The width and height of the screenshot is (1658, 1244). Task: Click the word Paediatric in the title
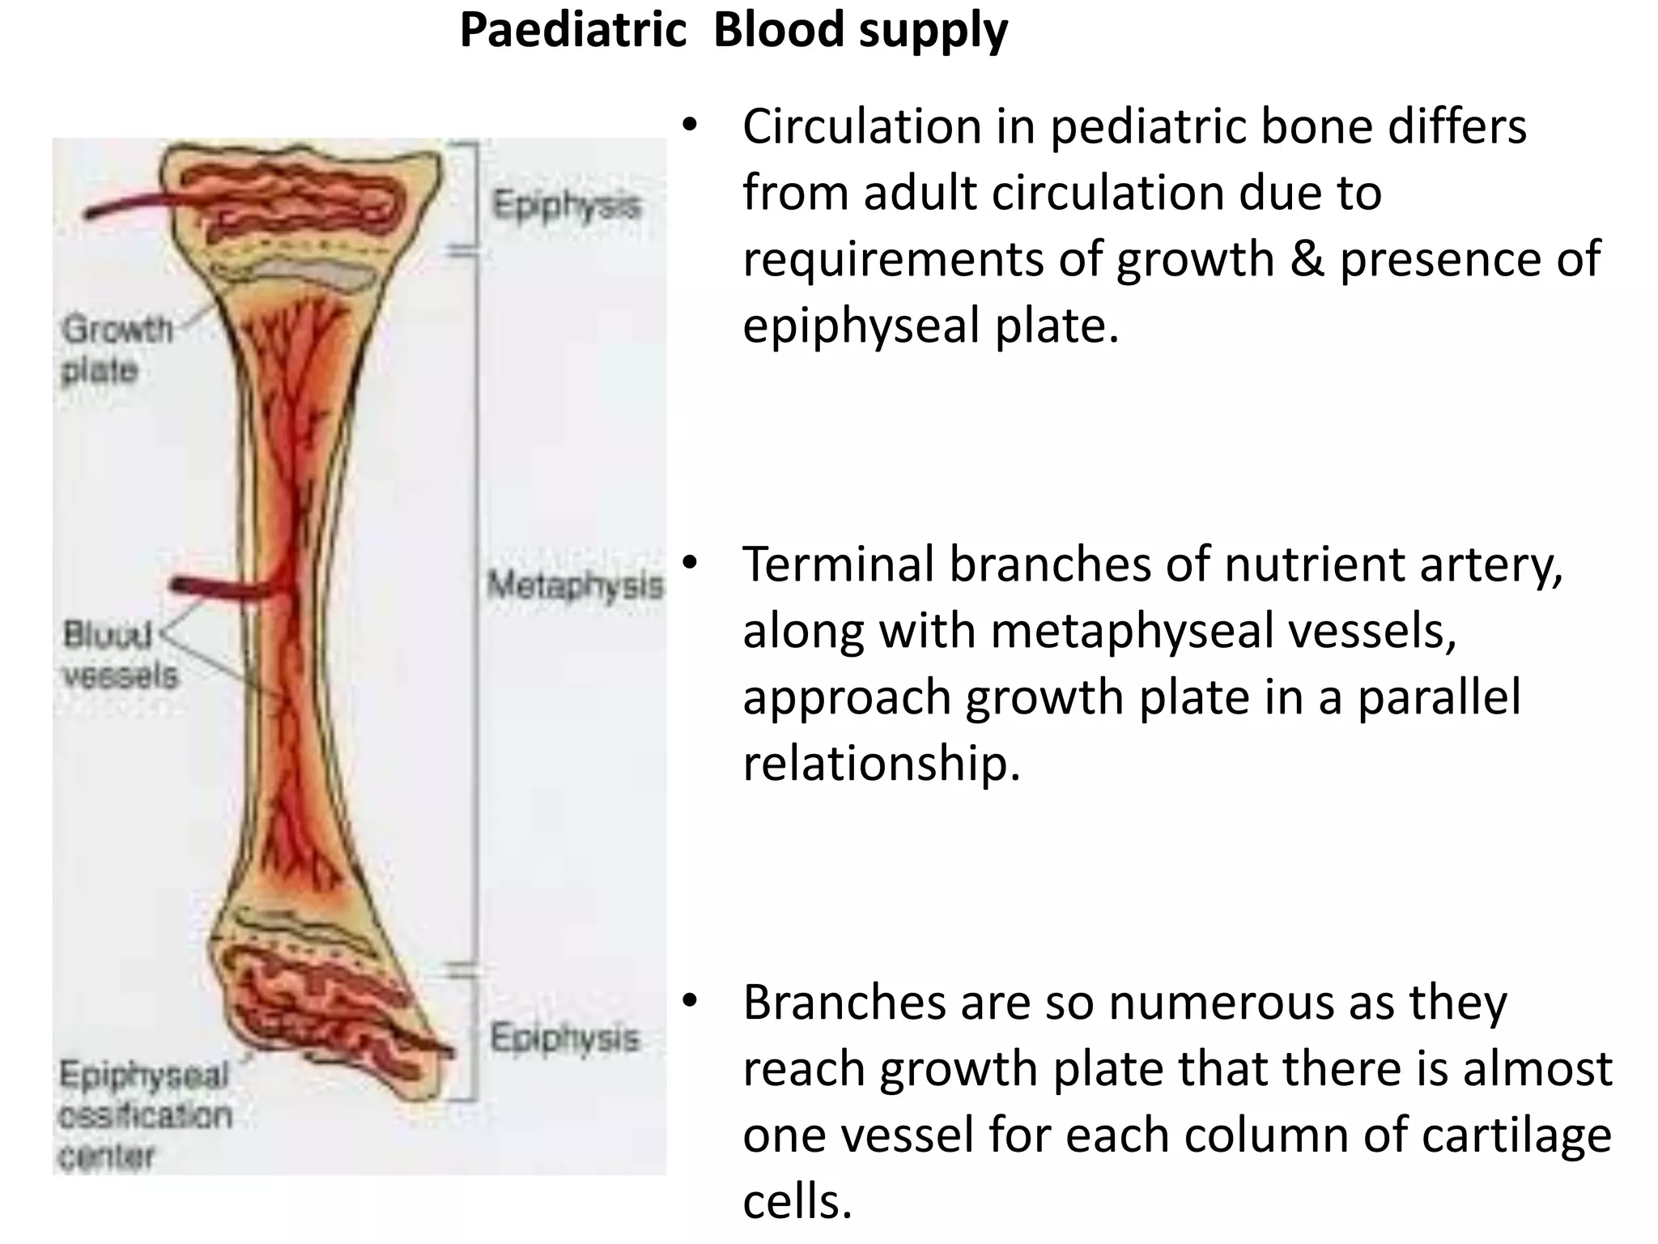point(573,31)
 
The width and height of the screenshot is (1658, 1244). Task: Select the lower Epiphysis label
point(564,1037)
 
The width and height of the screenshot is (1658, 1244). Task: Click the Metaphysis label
point(575,585)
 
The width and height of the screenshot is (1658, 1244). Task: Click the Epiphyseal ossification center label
point(144,1115)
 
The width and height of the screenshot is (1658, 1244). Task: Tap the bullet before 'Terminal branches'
point(688,563)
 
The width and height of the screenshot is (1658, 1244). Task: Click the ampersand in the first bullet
point(1306,259)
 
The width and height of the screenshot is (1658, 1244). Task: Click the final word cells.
point(797,1201)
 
